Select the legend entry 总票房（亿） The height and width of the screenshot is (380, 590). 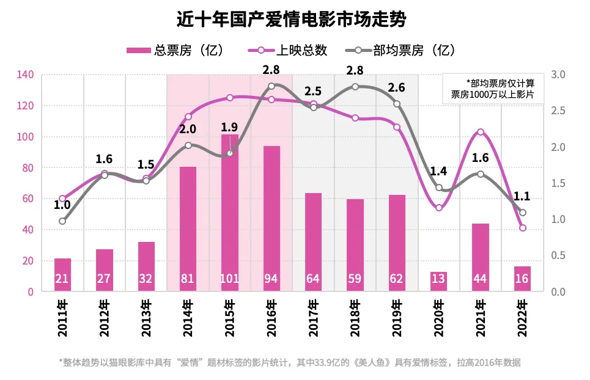pos(175,50)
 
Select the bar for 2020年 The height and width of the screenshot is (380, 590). pos(438,282)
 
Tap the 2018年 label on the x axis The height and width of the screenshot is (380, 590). pos(355,317)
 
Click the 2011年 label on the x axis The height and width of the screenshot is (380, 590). pos(62,317)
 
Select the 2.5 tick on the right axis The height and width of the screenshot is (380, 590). pos(559,111)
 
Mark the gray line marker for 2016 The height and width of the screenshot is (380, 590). pos(271,86)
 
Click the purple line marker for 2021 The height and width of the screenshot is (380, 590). pos(481,132)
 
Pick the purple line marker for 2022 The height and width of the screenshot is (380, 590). pos(522,228)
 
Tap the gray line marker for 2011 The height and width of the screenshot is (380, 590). pos(62,221)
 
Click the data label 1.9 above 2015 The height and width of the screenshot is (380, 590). pos(229,128)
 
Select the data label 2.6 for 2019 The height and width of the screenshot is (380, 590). pos(396,88)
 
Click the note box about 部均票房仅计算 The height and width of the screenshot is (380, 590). pos(492,89)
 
